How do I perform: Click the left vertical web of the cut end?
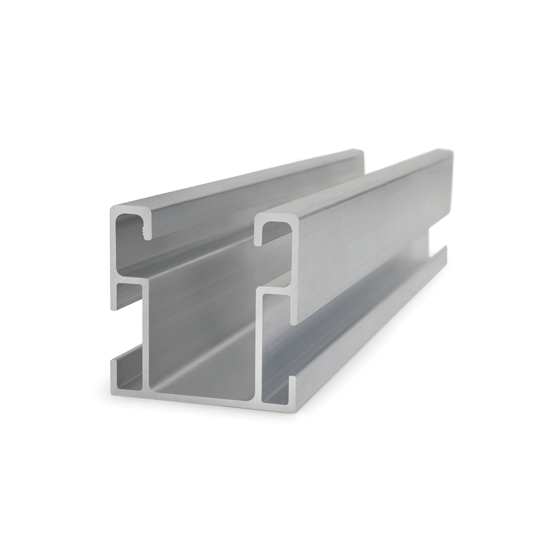(x=147, y=336)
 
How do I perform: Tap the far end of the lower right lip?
(x=445, y=249)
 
